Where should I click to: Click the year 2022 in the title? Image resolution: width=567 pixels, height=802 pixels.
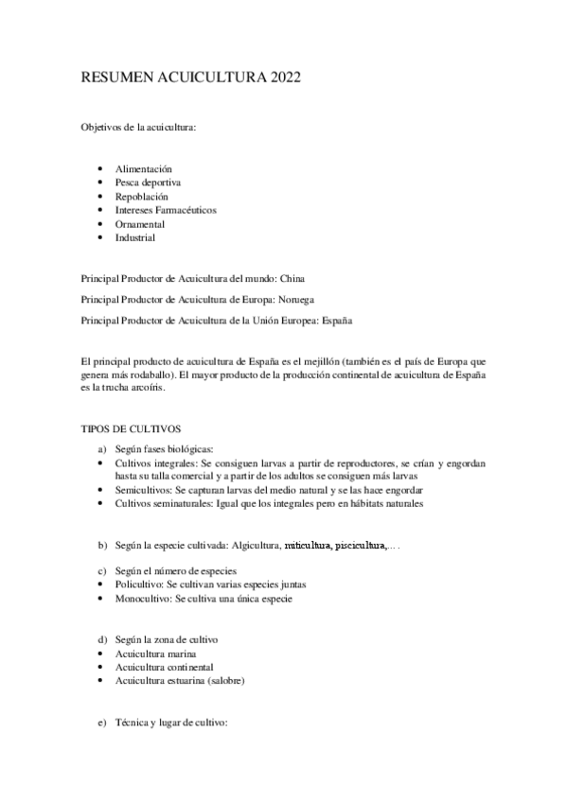pos(284,78)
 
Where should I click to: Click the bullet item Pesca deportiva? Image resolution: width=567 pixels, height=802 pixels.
pos(148,182)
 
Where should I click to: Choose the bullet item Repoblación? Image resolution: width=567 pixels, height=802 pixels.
pos(142,196)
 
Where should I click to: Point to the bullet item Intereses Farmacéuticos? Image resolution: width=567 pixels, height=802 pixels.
pos(166,210)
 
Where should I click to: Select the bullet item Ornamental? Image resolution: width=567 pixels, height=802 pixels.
pos(140,224)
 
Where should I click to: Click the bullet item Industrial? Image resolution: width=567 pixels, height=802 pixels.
pos(135,237)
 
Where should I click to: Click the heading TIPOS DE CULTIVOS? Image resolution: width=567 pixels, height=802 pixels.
pos(131,428)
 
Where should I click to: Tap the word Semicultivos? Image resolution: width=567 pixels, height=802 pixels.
pos(145,491)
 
